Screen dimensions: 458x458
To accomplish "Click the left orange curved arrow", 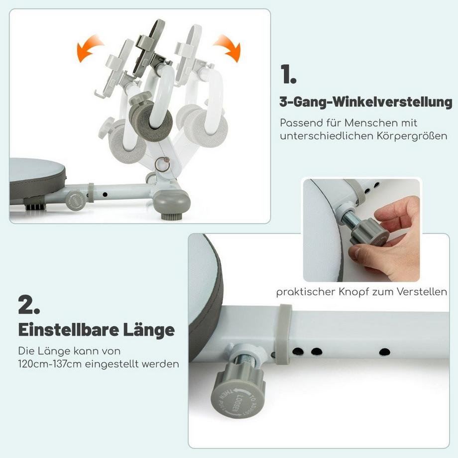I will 90,48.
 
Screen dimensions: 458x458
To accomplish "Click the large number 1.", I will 288,75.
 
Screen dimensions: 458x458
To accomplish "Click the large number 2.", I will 29,305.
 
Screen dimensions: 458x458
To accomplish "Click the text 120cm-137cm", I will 48,364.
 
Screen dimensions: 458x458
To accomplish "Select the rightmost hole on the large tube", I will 384,352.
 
